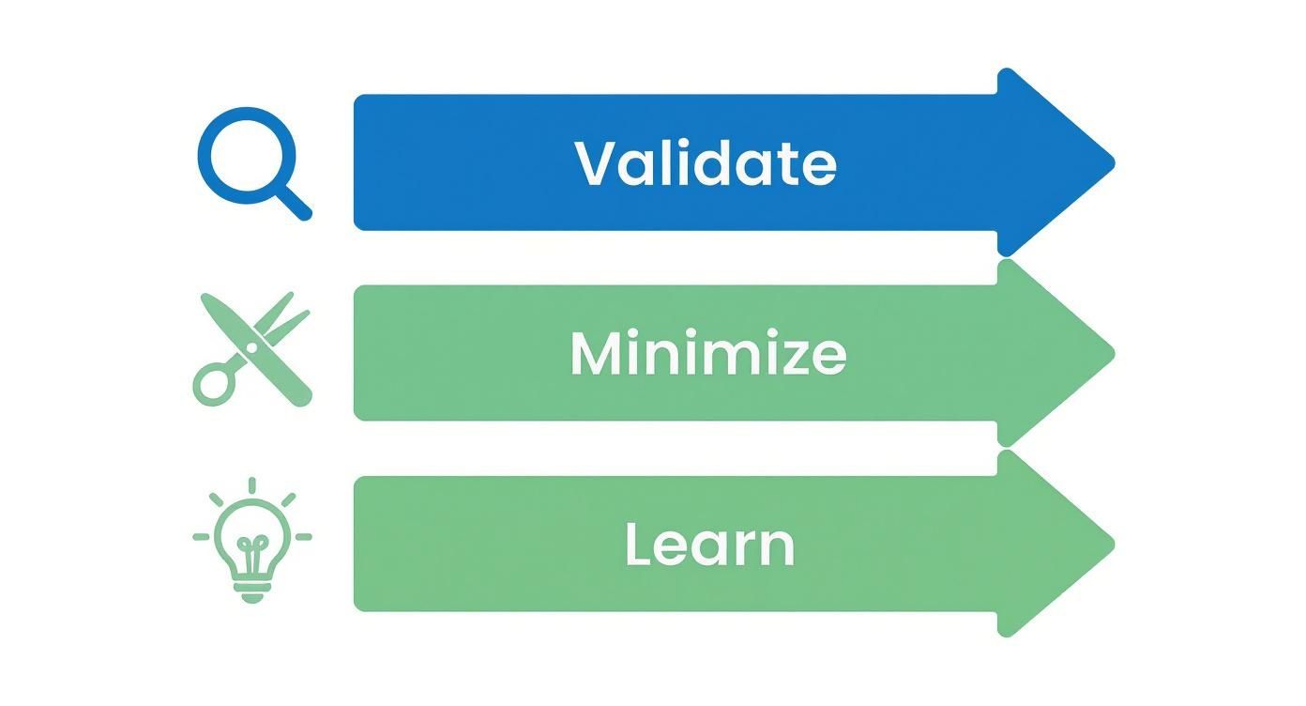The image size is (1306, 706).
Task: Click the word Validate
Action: (705, 162)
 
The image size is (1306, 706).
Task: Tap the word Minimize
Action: (707, 354)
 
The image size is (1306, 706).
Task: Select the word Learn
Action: (709, 545)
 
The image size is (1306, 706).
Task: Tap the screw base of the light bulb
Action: (252, 591)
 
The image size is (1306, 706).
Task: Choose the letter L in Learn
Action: (638, 545)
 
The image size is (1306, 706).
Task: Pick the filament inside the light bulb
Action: (252, 546)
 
